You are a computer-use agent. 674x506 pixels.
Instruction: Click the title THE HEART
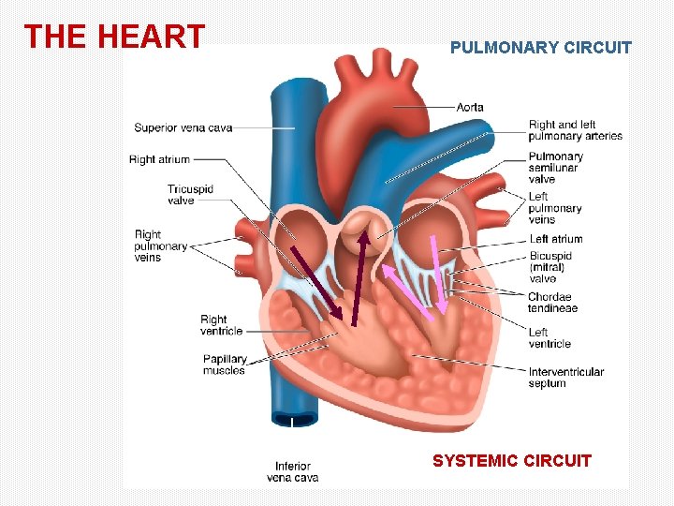pos(114,37)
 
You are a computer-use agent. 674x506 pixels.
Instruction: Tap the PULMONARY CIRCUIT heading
pos(541,48)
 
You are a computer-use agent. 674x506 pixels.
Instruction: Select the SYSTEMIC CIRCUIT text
pos(512,460)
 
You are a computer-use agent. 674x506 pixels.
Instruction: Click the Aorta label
pos(470,107)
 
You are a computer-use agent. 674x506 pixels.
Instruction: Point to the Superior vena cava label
pos(183,127)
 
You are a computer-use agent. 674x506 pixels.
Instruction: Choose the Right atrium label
pos(159,159)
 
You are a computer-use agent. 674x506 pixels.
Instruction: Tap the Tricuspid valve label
pos(190,194)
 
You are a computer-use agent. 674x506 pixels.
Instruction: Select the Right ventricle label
pos(221,324)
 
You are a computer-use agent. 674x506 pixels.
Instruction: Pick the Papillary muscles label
pos(225,365)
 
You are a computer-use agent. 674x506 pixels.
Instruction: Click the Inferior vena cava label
pos(293,471)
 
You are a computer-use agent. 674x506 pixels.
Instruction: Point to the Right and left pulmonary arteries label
pos(575,130)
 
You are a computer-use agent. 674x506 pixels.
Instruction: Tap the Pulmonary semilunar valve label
pos(556,168)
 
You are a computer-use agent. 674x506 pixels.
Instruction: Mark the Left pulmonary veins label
pos(555,208)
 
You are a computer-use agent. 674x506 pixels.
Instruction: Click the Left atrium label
pos(556,239)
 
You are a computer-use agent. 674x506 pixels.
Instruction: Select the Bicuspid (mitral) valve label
pos(550,267)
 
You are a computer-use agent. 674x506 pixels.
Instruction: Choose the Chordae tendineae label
pos(552,303)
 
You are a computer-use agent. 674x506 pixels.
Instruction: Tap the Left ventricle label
pos(549,337)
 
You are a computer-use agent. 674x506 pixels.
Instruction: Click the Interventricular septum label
pos(565,377)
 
